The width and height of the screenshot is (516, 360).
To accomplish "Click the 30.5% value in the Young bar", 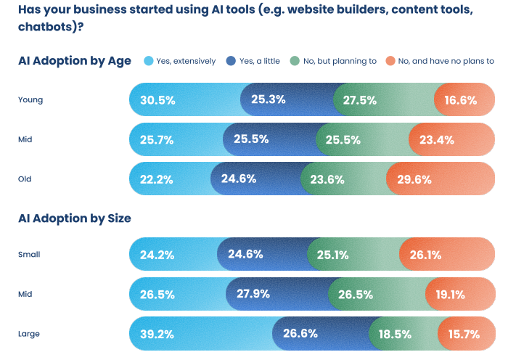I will [x=157, y=100].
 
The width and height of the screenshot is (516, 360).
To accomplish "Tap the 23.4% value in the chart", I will [x=435, y=139].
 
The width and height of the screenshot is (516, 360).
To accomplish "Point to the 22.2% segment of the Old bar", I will [x=156, y=179].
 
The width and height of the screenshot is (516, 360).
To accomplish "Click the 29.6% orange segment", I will [x=414, y=179].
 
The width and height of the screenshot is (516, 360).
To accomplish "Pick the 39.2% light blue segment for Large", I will [x=157, y=335].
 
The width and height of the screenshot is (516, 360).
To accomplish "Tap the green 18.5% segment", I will [x=394, y=335].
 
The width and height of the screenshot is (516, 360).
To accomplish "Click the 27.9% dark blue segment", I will [x=253, y=294].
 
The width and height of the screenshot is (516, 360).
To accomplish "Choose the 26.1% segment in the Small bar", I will [x=425, y=255].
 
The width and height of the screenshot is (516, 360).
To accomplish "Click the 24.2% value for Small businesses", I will [x=156, y=255].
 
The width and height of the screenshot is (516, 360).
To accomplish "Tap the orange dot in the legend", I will [x=390, y=61].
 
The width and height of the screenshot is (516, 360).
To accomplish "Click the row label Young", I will [x=30, y=100].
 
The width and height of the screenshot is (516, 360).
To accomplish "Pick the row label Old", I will [x=25, y=179].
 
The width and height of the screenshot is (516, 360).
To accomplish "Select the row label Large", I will [x=29, y=335].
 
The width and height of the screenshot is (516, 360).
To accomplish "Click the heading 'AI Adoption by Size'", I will [x=74, y=218].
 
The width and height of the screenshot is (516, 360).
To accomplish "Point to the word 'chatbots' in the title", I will [x=42, y=27].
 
